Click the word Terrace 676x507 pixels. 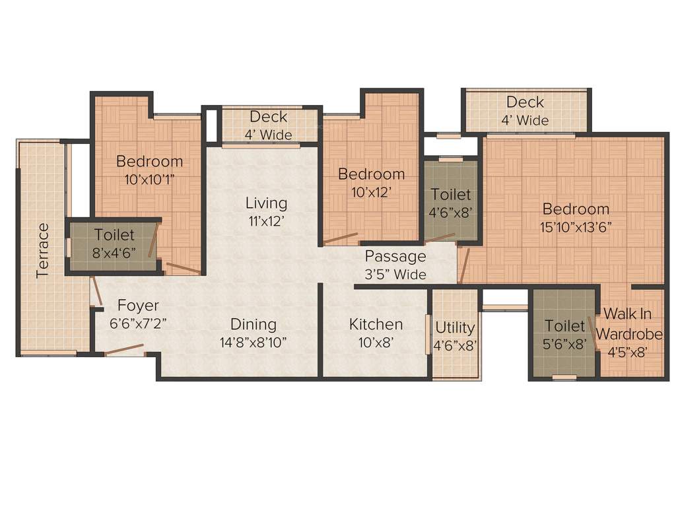[x=42, y=250]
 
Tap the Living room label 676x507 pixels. [x=266, y=203]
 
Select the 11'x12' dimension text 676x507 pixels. [x=266, y=221]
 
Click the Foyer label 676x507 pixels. [x=138, y=306]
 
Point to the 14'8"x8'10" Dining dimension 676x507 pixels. [x=253, y=342]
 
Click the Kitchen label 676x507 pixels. [x=376, y=324]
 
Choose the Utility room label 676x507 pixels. [x=455, y=327]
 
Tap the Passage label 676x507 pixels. [x=395, y=256]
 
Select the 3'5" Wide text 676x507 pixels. [x=395, y=274]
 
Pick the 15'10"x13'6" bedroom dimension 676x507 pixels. [x=576, y=227]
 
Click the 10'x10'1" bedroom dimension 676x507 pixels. [x=149, y=178]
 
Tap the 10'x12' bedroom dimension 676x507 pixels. [x=371, y=192]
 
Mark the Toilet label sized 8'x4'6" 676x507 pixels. [x=114, y=234]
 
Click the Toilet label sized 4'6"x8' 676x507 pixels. [x=451, y=195]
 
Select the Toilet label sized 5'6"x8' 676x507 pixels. [x=564, y=325]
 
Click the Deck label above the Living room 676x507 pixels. [x=268, y=117]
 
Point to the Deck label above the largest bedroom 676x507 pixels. [x=525, y=102]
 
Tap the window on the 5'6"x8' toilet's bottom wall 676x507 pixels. [x=564, y=378]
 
